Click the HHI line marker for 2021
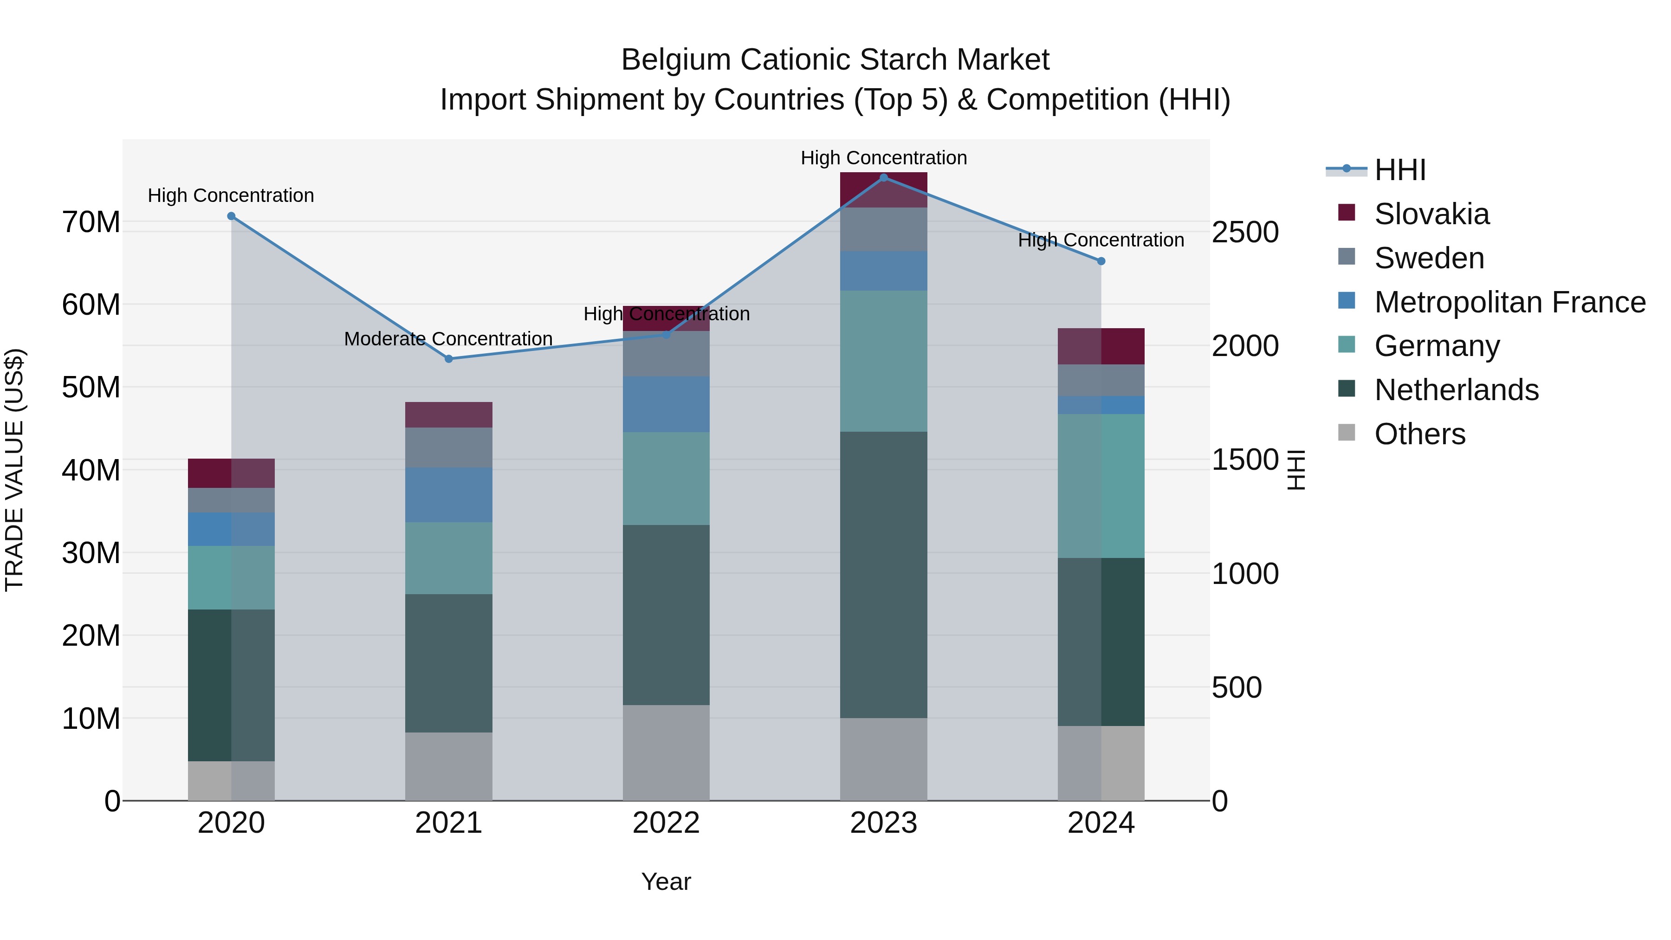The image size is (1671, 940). (448, 359)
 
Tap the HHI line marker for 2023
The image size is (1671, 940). (883, 178)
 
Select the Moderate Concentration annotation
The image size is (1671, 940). (448, 339)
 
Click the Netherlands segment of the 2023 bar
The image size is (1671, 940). (883, 574)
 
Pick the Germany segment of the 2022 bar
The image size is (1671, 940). (666, 478)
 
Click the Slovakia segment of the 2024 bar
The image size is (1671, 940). (1101, 346)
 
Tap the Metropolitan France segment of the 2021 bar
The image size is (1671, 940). (448, 494)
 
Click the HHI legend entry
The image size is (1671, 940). (1400, 170)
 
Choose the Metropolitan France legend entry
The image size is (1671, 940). (1509, 302)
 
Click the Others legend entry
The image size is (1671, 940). (1419, 434)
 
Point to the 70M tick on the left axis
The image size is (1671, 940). (91, 222)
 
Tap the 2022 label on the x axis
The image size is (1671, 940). (666, 823)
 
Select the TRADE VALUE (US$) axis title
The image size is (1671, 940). (14, 470)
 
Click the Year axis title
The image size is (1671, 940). (666, 882)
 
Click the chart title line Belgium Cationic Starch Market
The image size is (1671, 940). (835, 60)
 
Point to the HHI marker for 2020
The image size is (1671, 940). (231, 216)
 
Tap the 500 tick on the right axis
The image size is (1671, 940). (1237, 687)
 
